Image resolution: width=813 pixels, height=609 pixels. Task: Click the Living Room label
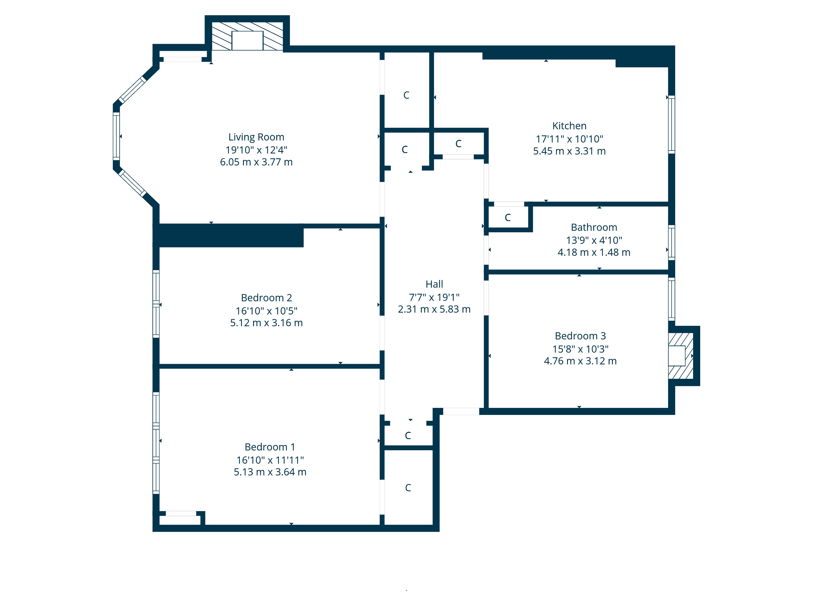(x=256, y=137)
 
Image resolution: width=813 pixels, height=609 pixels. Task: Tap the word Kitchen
(x=569, y=126)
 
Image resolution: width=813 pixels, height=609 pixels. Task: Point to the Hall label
(x=434, y=284)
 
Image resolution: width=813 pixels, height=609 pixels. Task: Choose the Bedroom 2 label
(x=266, y=298)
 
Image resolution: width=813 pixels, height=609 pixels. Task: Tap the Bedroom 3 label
(x=580, y=336)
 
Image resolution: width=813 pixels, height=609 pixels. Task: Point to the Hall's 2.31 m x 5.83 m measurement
(x=434, y=309)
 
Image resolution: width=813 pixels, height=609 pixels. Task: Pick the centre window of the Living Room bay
(x=116, y=136)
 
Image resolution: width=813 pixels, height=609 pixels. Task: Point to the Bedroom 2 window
(x=156, y=304)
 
